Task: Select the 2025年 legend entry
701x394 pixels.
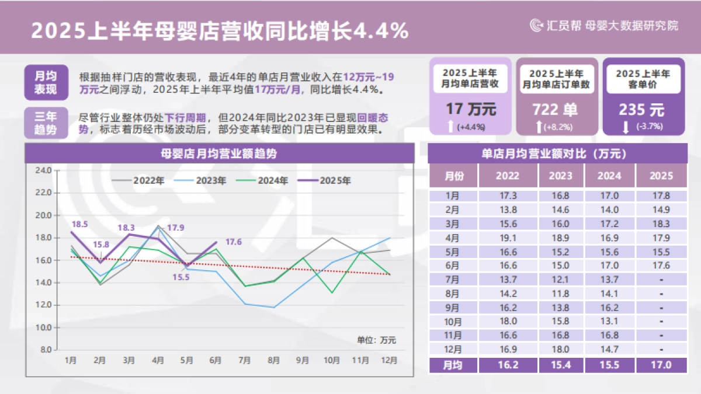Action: [325, 181]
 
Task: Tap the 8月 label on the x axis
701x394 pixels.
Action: [273, 360]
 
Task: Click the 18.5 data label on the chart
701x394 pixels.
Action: [80, 224]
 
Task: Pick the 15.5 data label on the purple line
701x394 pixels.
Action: [181, 277]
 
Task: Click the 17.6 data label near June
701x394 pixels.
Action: [233, 242]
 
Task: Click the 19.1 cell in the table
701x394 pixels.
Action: [506, 238]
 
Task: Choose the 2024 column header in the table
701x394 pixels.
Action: [609, 176]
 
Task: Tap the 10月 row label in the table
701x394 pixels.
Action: [453, 322]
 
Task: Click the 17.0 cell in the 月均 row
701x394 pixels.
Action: [661, 365]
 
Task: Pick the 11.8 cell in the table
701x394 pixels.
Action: [561, 294]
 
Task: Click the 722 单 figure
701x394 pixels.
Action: [556, 109]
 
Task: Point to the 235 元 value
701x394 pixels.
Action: [641, 109]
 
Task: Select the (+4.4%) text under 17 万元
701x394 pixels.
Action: [471, 127]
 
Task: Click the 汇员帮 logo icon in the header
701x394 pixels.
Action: [536, 25]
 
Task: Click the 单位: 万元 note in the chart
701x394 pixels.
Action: [376, 339]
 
